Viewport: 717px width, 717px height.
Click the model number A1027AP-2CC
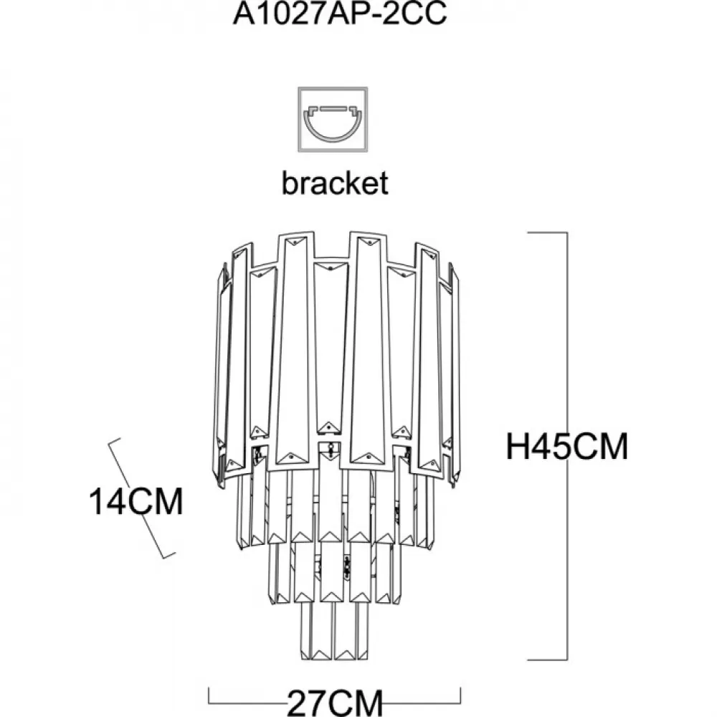click(x=340, y=13)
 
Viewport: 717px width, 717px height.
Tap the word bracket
click(x=335, y=183)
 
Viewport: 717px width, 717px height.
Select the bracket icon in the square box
click(x=333, y=119)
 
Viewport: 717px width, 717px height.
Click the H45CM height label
click(x=567, y=446)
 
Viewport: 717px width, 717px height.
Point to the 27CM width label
click(x=335, y=702)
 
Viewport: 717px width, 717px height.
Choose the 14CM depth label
click(x=136, y=502)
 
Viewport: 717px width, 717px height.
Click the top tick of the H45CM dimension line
click(x=548, y=233)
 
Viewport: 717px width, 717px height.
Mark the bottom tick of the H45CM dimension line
click(x=548, y=660)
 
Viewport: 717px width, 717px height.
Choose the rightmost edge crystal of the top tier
click(x=455, y=375)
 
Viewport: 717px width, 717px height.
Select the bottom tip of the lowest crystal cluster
click(x=334, y=659)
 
